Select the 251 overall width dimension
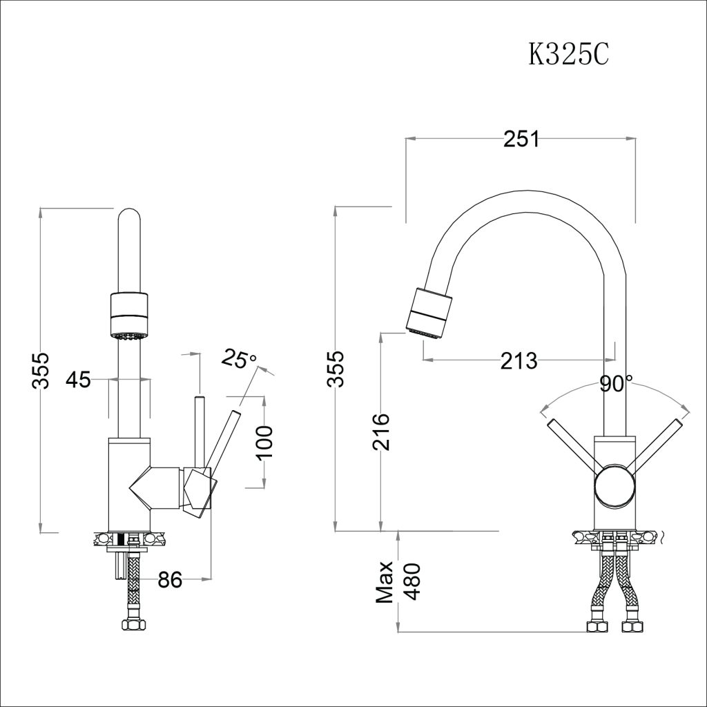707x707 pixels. pyautogui.click(x=521, y=139)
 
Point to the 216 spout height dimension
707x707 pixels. pyautogui.click(x=380, y=432)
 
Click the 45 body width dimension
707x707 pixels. pyautogui.click(x=79, y=379)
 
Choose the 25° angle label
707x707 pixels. pyautogui.click(x=238, y=358)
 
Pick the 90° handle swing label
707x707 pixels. pyautogui.click(x=616, y=384)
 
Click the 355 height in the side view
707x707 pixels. pyautogui.click(x=41, y=371)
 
